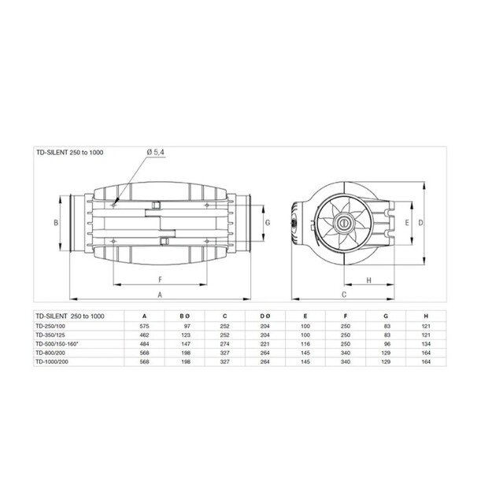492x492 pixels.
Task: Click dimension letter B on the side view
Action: [56, 224]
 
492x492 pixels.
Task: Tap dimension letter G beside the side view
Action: [268, 223]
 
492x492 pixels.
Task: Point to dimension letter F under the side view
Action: [160, 279]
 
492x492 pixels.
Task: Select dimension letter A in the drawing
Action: [160, 294]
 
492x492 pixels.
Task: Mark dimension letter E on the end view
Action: [406, 224]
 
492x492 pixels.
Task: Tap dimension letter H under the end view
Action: [368, 279]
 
